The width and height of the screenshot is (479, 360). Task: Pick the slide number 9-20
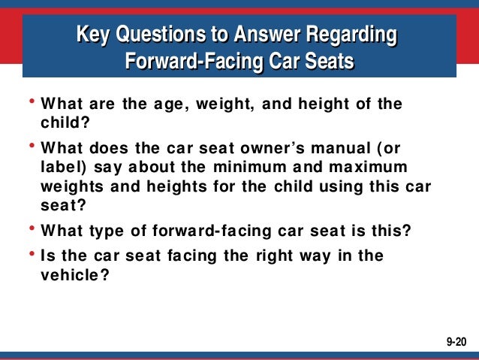(x=456, y=341)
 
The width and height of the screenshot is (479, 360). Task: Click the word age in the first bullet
(x=171, y=104)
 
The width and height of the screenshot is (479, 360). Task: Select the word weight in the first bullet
(x=224, y=104)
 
